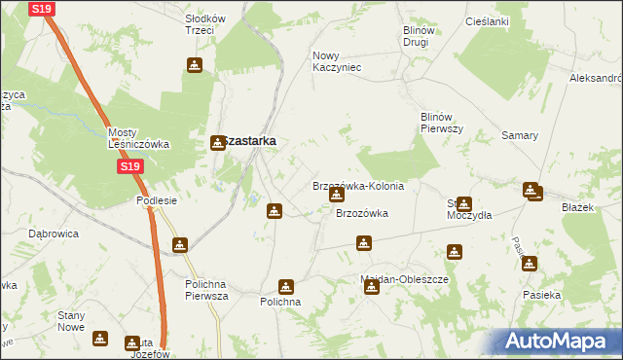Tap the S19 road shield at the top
40,9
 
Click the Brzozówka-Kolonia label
357,186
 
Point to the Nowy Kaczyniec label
337,61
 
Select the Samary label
520,135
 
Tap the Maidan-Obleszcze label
404,279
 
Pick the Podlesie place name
156,200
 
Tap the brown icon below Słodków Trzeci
194,65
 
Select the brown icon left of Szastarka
219,142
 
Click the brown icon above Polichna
285,286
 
